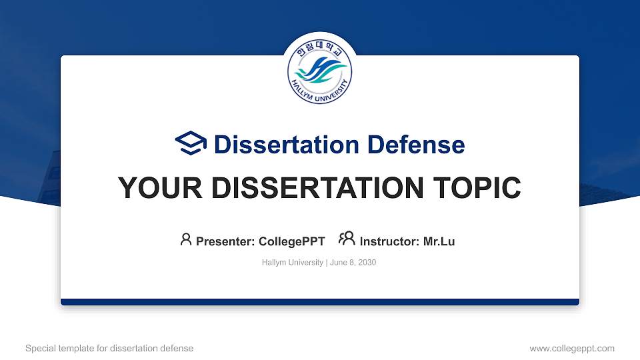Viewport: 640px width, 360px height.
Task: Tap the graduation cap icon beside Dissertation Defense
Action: (191, 144)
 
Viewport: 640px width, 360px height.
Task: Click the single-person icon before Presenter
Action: (186, 239)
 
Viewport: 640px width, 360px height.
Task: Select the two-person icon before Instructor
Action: (347, 239)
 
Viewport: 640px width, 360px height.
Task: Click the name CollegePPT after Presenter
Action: (292, 241)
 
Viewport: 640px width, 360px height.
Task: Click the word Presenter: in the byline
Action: (226, 241)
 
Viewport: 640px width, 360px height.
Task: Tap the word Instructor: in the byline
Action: (390, 241)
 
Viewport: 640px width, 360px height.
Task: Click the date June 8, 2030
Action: (353, 263)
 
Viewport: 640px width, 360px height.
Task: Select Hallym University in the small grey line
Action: (293, 263)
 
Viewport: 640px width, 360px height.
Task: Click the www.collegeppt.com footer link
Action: (572, 348)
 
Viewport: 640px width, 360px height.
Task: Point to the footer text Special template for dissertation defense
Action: (109, 348)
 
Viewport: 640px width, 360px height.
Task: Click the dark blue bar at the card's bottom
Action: (320, 302)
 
